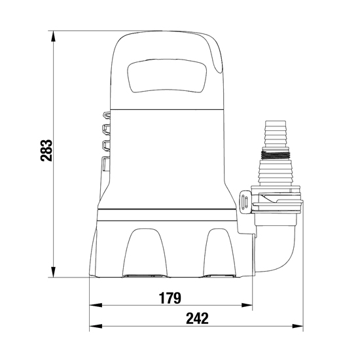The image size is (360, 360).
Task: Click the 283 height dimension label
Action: [46, 150]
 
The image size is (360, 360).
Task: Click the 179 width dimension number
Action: [170, 298]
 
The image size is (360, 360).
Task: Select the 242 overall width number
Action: [197, 319]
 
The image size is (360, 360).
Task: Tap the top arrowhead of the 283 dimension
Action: [53, 36]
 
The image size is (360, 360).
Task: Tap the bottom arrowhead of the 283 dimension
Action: [53, 272]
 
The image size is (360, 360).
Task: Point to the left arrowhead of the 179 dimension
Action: [96, 305]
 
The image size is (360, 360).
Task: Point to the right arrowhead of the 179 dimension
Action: [247, 305]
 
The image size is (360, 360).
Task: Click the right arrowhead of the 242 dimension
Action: [298, 326]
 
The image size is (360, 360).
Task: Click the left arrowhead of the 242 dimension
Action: [96, 326]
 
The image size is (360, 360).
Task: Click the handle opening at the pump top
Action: [166, 76]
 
